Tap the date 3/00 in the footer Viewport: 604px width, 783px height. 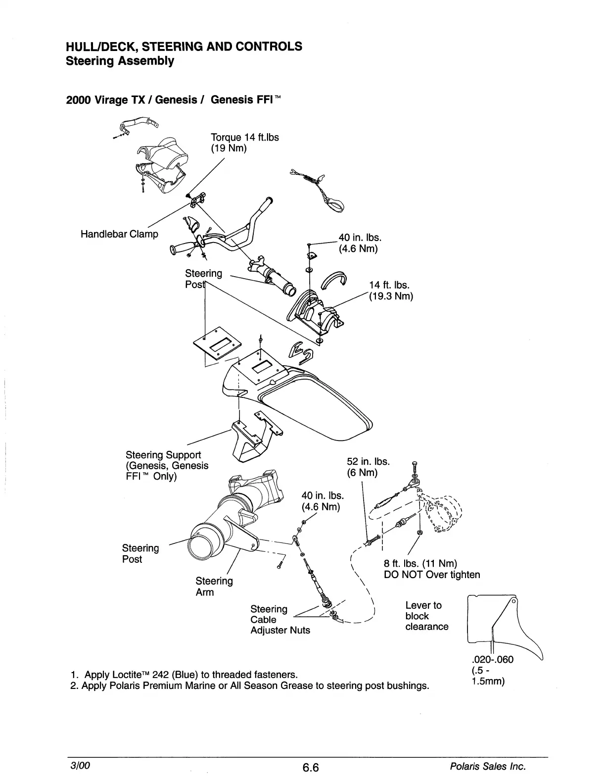click(x=79, y=766)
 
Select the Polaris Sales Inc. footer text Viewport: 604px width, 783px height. click(x=487, y=767)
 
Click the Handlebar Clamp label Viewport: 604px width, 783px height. click(x=119, y=234)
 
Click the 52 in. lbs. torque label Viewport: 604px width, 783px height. click(x=369, y=462)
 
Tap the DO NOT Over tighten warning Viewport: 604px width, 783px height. click(x=432, y=575)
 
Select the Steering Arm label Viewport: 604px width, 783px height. click(x=214, y=586)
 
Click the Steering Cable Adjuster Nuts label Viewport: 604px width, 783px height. click(x=280, y=620)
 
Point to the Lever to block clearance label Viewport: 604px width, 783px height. click(x=426, y=616)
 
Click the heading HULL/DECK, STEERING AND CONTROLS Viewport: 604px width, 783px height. click(x=184, y=46)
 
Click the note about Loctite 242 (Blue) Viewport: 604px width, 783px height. click(x=184, y=674)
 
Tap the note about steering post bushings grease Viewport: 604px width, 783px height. click(x=250, y=686)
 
